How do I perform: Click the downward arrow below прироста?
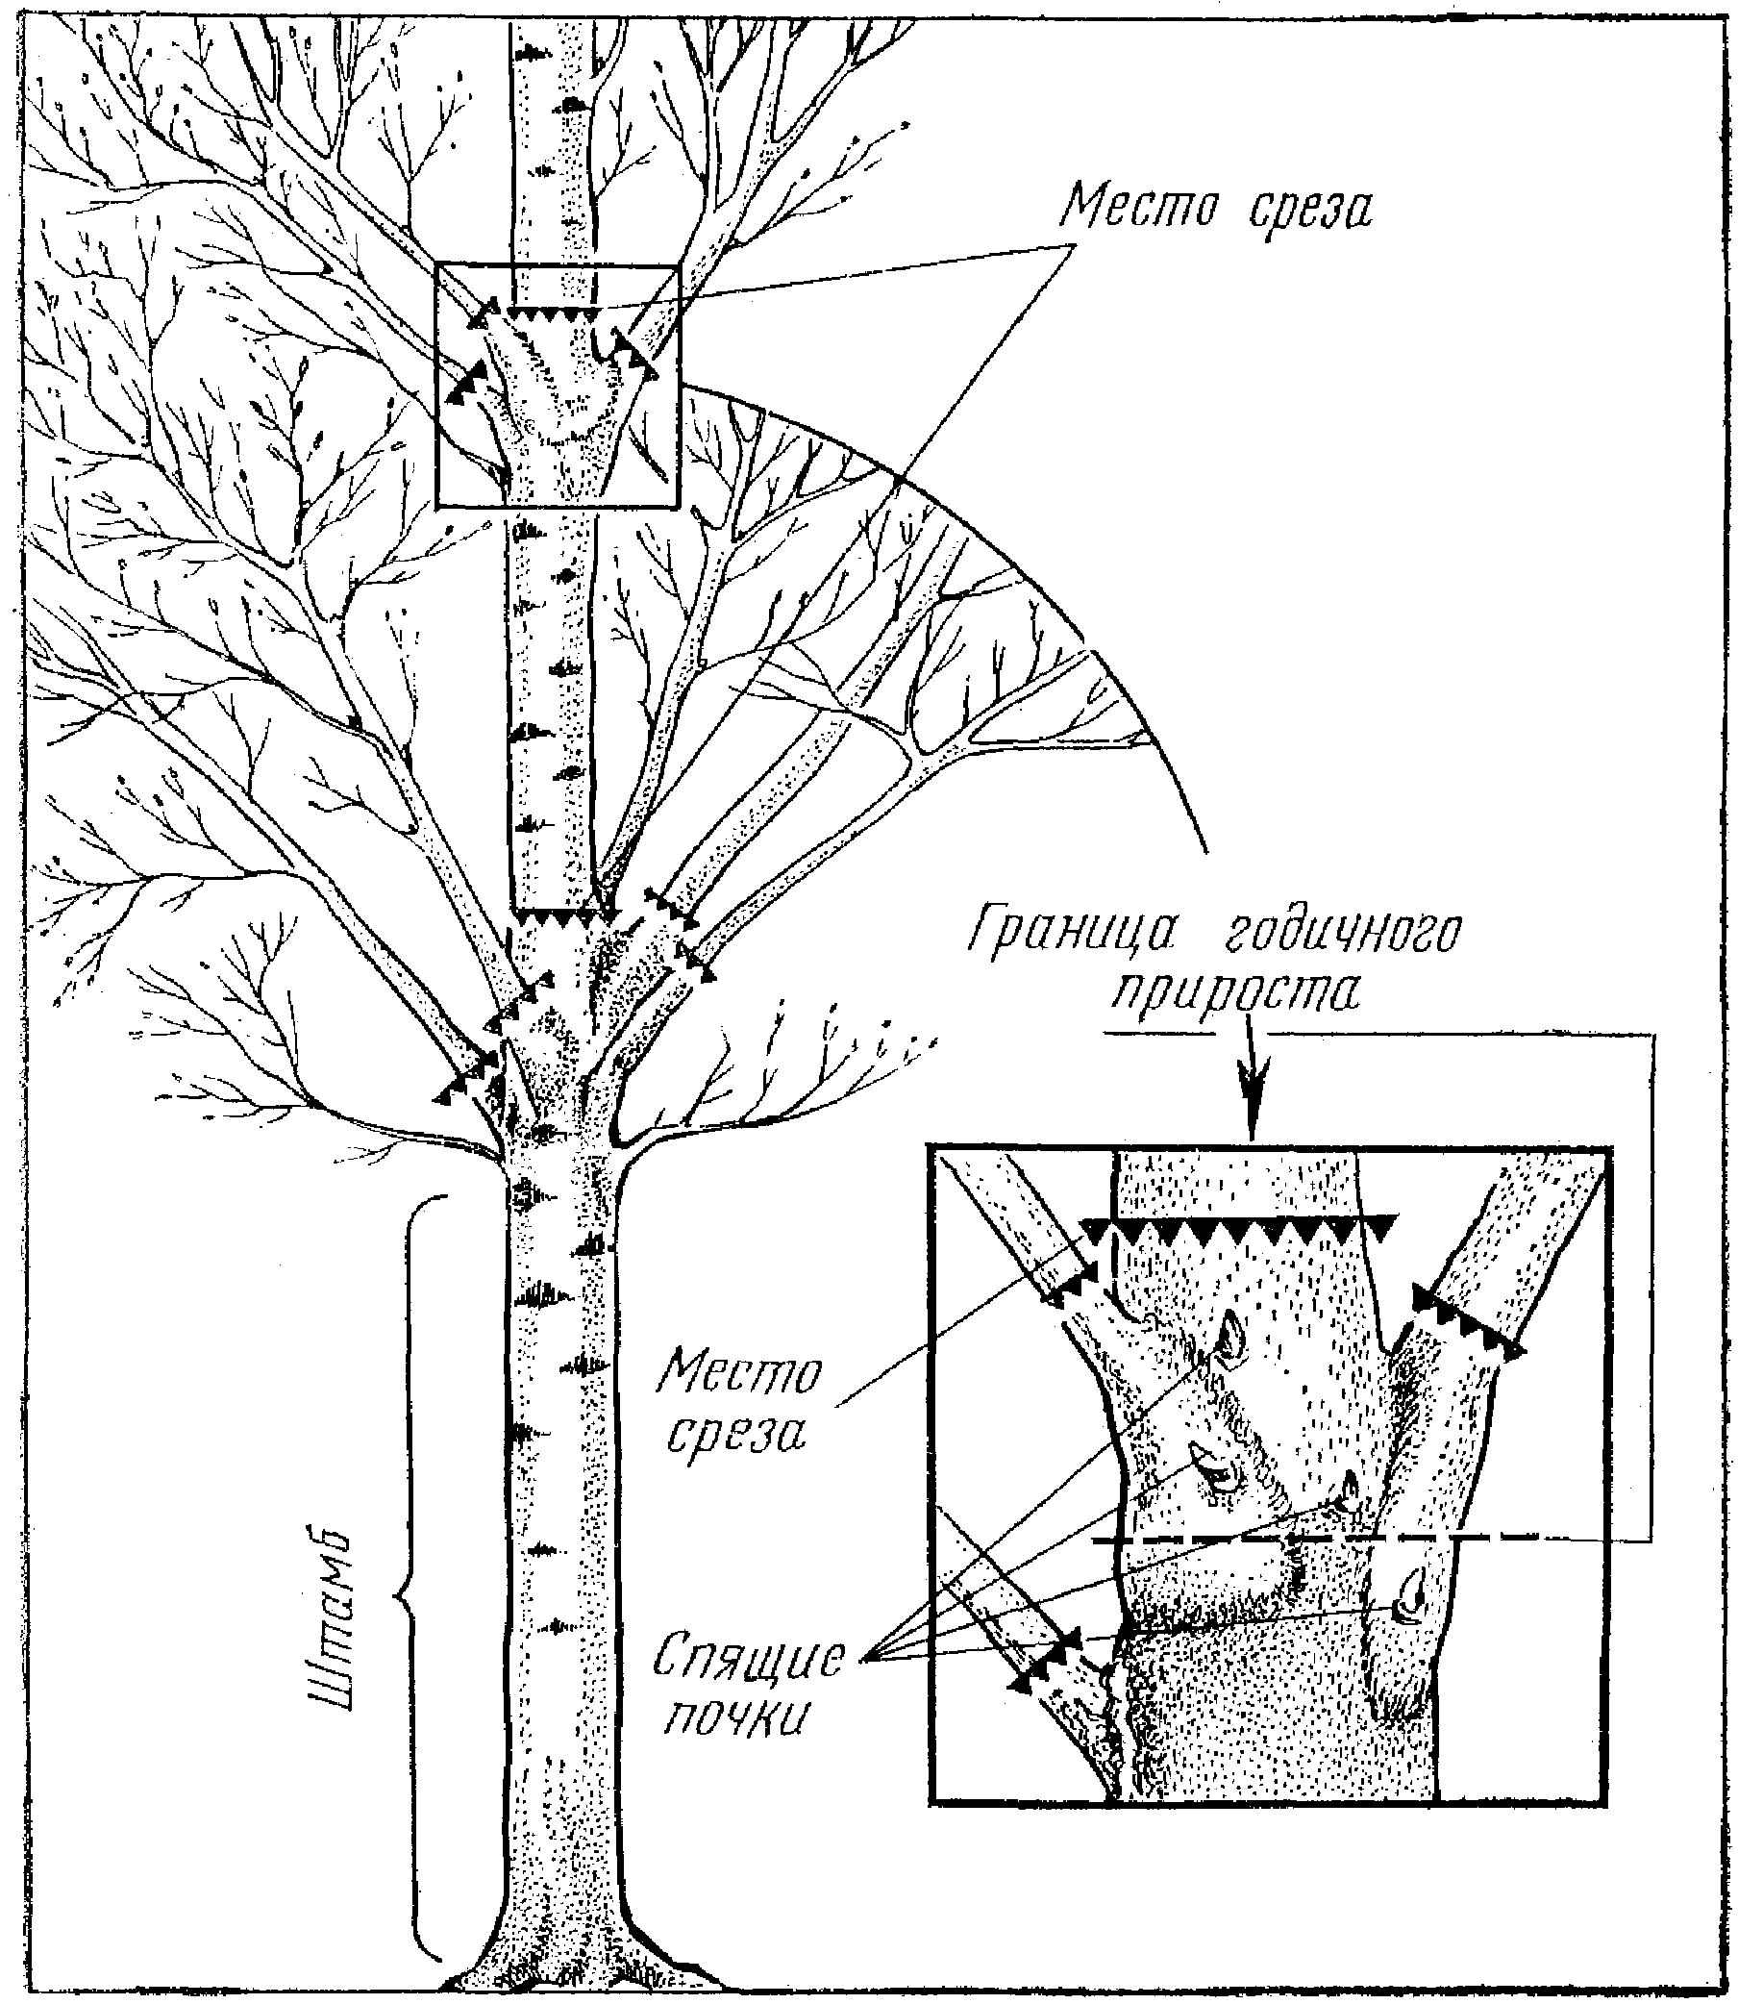pos(1252,1085)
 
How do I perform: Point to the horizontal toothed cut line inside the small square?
pos(552,313)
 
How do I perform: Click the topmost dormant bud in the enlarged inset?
pos(1230,1339)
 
